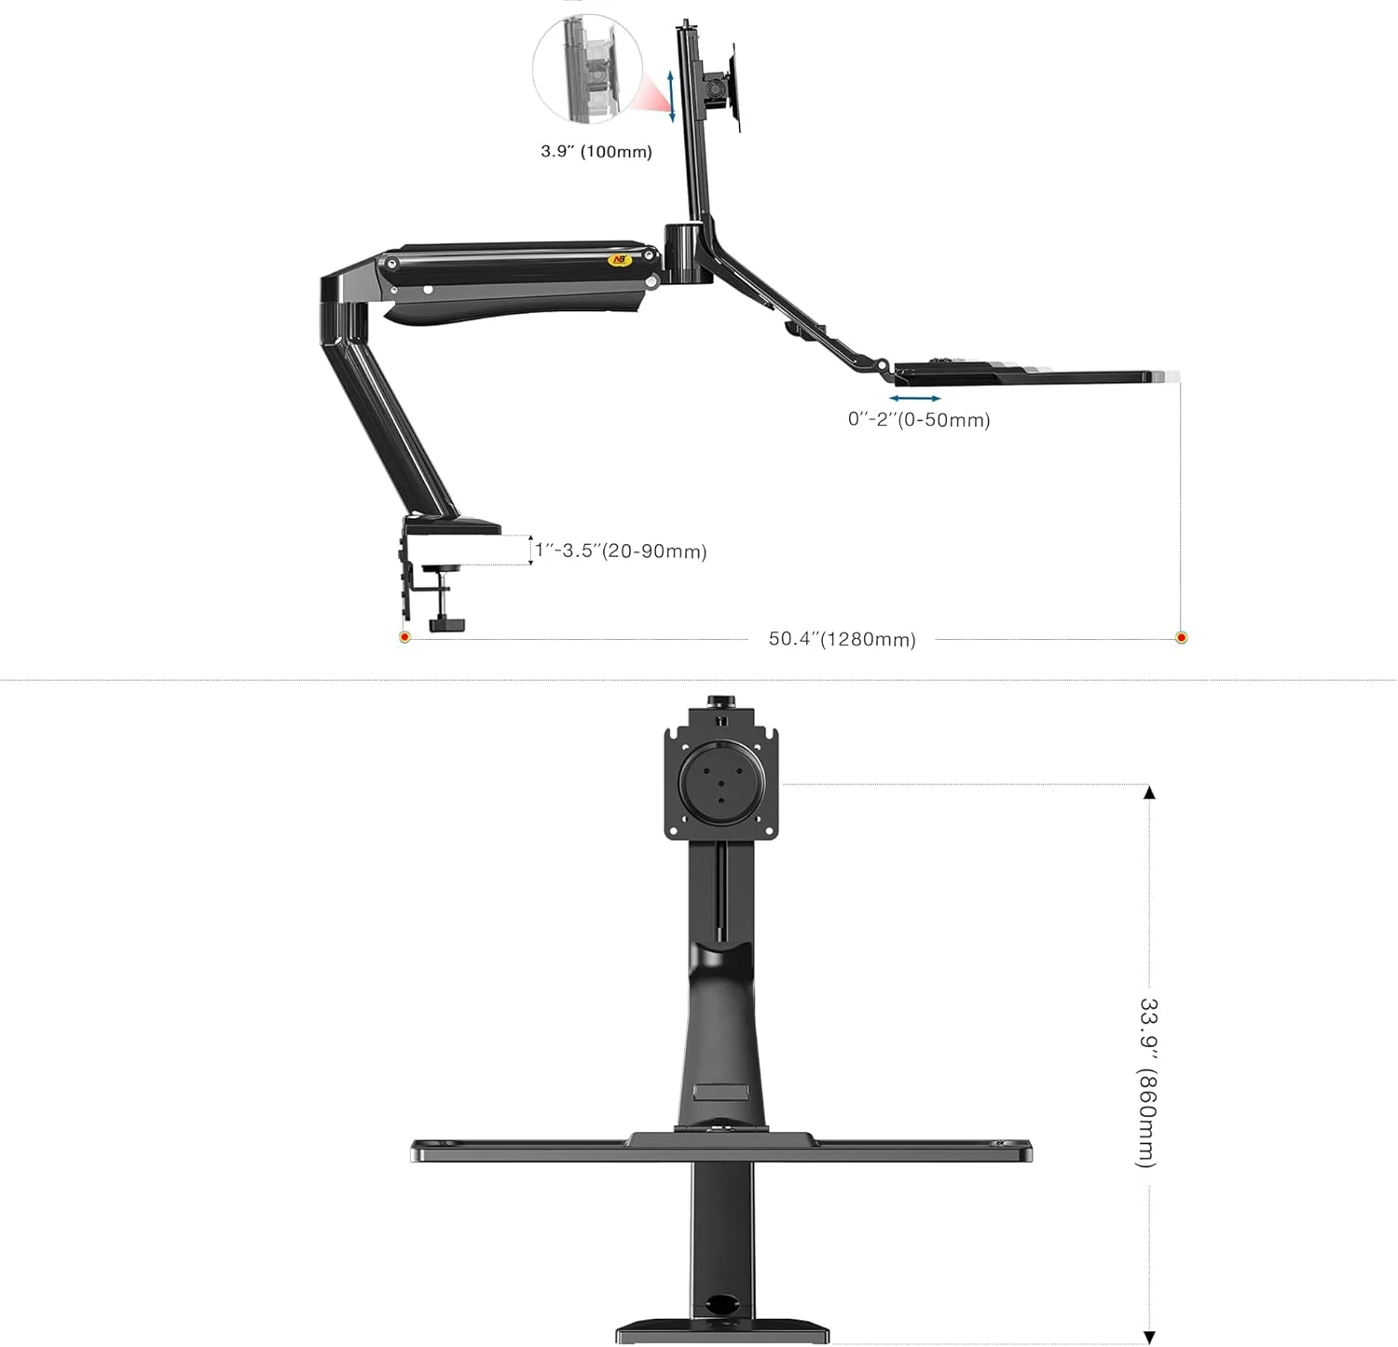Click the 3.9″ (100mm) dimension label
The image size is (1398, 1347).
point(596,151)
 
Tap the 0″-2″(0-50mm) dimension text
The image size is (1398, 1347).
point(919,419)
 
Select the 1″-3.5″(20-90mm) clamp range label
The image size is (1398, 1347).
point(621,551)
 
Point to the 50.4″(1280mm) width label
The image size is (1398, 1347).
point(842,639)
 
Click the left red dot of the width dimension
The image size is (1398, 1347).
point(404,637)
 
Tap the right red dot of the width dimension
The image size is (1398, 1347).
point(1181,637)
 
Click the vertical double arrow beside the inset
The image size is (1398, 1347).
point(671,95)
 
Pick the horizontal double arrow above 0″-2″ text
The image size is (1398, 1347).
point(914,399)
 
